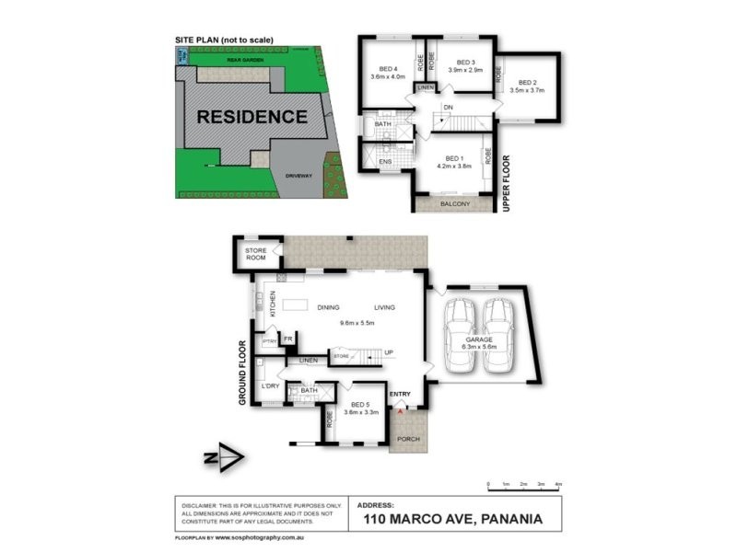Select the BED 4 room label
pyautogui.click(x=388, y=70)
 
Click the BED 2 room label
pyautogui.click(x=526, y=84)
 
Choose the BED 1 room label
pyautogui.click(x=452, y=159)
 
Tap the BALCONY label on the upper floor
pyautogui.click(x=455, y=203)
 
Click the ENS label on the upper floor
pyautogui.click(x=386, y=163)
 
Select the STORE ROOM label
pyautogui.click(x=255, y=254)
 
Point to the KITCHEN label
pyautogui.click(x=273, y=305)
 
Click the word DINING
pyautogui.click(x=328, y=307)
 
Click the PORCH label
pyautogui.click(x=407, y=439)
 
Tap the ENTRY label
pyautogui.click(x=400, y=395)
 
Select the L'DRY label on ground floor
pyautogui.click(x=271, y=385)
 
